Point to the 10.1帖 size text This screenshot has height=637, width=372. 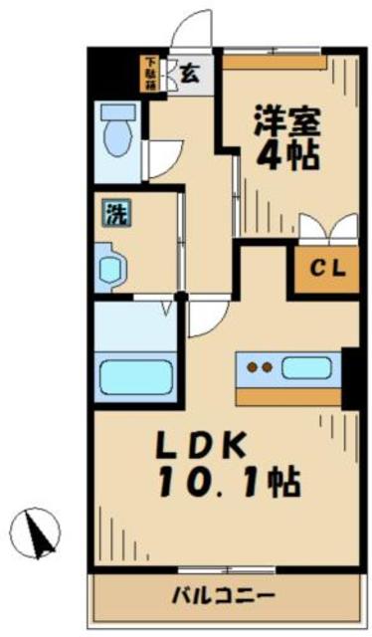pos(229,485)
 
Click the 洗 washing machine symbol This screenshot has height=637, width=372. pos(116,211)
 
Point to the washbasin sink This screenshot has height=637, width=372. pos(111,266)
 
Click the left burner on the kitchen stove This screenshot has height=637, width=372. pos(254,367)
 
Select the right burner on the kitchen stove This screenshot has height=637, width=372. pos(269,367)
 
